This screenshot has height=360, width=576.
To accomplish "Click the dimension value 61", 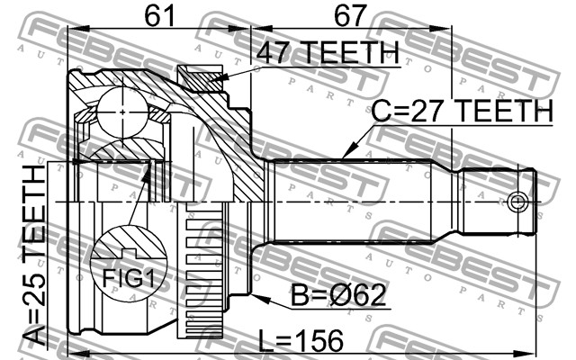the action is pyautogui.click(x=159, y=15).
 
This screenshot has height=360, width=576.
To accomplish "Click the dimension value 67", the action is pyautogui.click(x=350, y=15).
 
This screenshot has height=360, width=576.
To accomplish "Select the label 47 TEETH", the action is pyautogui.click(x=328, y=52).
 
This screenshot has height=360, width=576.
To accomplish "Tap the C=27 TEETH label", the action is pyautogui.click(x=462, y=111).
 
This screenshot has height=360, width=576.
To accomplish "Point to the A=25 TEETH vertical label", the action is pyautogui.click(x=33, y=255).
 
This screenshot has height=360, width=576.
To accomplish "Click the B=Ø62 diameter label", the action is pyautogui.click(x=338, y=294).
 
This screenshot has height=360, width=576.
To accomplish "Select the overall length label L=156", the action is pyautogui.click(x=301, y=340).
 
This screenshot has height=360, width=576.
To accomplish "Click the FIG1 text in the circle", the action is pyautogui.click(x=129, y=277).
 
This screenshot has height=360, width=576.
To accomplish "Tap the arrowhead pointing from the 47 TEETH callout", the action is pyautogui.click(x=220, y=77).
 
